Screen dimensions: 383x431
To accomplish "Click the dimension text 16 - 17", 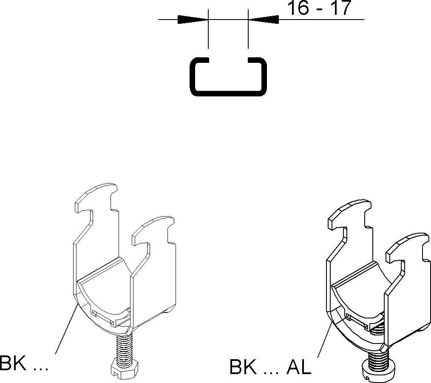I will coord(320,8).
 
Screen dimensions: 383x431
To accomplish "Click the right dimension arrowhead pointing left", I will coord(264,19).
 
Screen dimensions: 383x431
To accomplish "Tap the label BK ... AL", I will coord(270,367).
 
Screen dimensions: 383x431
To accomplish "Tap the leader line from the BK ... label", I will coord(66,329).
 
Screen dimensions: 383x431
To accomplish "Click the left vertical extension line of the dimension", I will coord(208,34).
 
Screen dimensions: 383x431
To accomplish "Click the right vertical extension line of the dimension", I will coord(248,34).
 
